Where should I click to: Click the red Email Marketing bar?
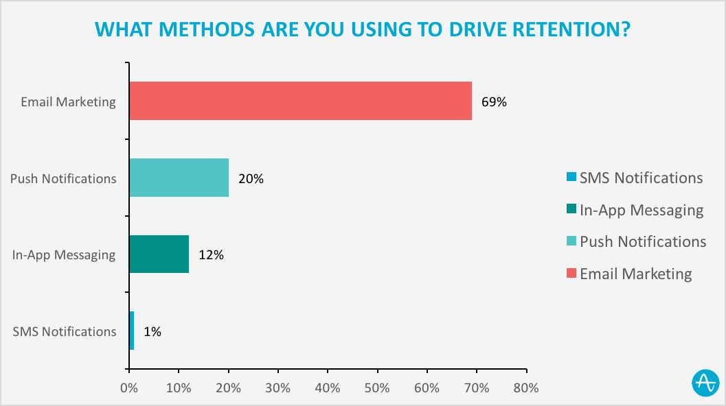pos(301,101)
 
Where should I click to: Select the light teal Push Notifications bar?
pos(179,178)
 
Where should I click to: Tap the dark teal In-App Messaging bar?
pos(159,254)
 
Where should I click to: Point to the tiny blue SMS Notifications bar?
pos(131,331)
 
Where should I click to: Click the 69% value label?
pos(494,102)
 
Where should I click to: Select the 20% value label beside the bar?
pos(251,179)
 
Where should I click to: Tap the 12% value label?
pos(211,255)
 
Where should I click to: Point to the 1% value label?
pos(152,332)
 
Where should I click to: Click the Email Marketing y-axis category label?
pos(68,102)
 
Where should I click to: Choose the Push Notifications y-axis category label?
pos(63,179)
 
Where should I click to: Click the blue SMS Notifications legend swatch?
pos(571,178)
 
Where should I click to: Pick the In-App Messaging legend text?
pos(642,210)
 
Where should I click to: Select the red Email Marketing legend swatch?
pos(571,274)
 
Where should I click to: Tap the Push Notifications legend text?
pos(643,241)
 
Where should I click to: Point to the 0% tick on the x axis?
pos(128,387)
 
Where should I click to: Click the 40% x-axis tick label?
pos(328,387)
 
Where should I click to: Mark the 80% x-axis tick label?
pos(526,387)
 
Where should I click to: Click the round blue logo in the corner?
pos(705,383)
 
